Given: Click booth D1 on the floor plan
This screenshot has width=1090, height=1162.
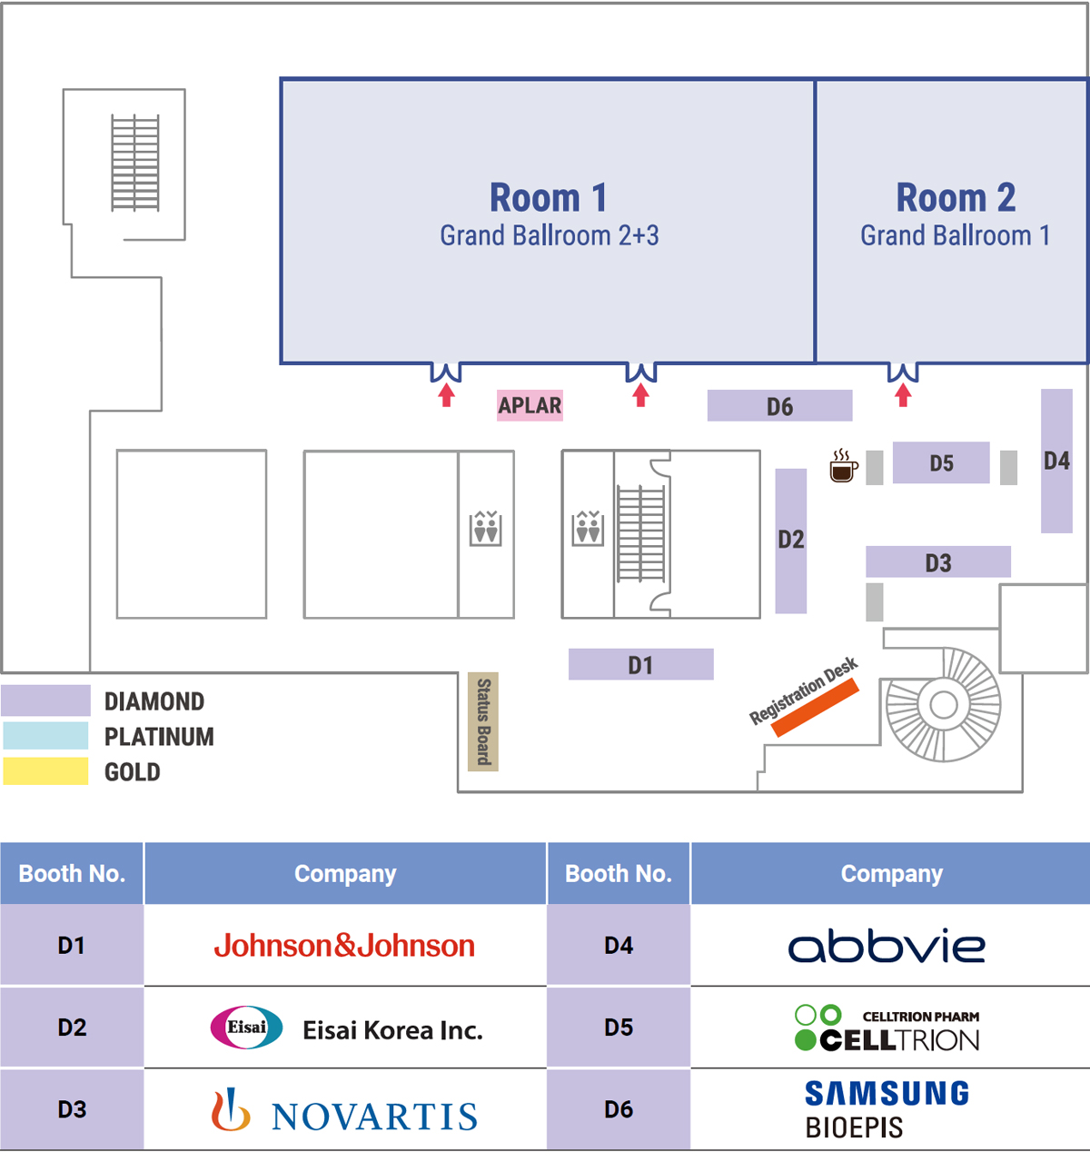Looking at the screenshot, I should pos(640,664).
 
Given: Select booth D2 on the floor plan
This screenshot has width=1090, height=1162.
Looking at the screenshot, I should pos(790,541).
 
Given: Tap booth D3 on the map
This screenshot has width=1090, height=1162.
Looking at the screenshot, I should pos(937,562).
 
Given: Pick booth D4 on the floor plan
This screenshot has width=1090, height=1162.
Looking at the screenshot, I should pos(1056,461).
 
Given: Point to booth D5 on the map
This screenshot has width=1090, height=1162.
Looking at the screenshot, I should pos(941,462).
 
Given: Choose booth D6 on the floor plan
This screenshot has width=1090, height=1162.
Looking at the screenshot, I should pos(779,406).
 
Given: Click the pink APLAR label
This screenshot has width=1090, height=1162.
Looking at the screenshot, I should pos(530,405).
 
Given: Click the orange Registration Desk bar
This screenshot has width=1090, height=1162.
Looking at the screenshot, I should pos(816,707).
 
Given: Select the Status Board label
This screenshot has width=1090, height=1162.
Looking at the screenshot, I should pos(483,721).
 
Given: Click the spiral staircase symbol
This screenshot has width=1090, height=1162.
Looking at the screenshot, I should pos(944,704).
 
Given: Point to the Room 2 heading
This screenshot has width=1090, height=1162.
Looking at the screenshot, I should pos(956,197).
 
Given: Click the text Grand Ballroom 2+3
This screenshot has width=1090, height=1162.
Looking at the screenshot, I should pos(550,235).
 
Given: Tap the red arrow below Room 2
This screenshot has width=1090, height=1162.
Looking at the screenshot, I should pos(903,395).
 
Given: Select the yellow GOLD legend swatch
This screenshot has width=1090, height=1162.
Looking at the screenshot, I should pos(45,771).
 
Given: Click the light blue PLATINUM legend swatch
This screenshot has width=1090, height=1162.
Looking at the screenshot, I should pos(45,736).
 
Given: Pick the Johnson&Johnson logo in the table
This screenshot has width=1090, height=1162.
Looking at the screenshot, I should pos(344,946).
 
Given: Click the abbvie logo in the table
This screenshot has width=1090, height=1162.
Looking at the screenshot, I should pos(887,947).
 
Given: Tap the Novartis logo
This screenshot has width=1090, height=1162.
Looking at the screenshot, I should pos(344,1112).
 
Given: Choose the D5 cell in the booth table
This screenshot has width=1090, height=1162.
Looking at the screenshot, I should pos(619,1028).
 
